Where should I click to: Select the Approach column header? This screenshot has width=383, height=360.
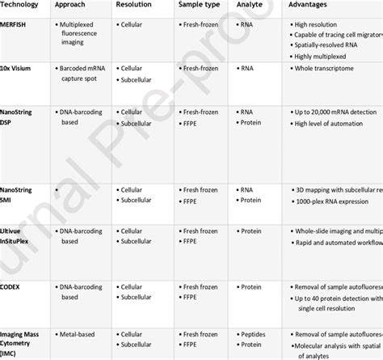click(x=74, y=5)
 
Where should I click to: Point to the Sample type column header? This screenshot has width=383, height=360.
click(x=200, y=5)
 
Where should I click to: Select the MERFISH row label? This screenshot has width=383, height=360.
click(x=17, y=26)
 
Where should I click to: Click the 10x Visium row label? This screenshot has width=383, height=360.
click(x=19, y=70)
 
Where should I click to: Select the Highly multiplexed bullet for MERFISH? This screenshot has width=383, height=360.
click(x=327, y=58)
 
